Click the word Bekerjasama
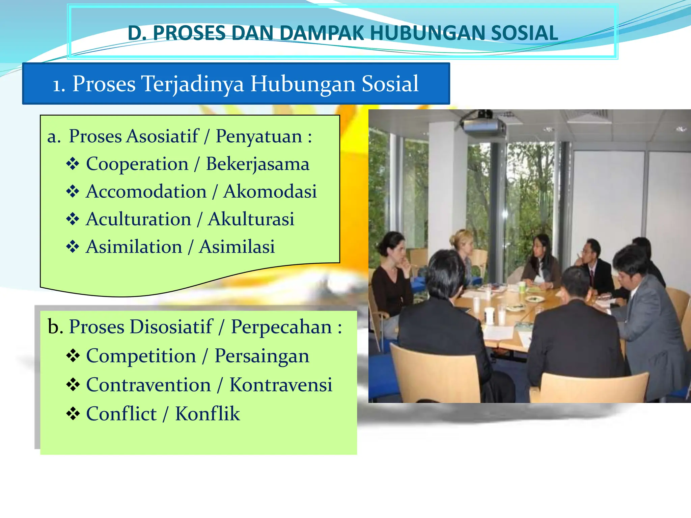tap(257, 164)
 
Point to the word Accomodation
tap(146, 192)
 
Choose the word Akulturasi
tap(251, 219)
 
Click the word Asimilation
tap(134, 247)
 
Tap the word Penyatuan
tap(259, 136)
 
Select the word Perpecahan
tap(281, 327)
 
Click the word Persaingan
tap(262, 356)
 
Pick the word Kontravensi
tap(281, 385)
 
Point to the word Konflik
tap(208, 414)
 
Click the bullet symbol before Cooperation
tap(73, 164)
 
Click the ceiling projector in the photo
tap(483, 125)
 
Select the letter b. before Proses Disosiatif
tap(55, 327)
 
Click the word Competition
tap(141, 356)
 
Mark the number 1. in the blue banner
tap(59, 85)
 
